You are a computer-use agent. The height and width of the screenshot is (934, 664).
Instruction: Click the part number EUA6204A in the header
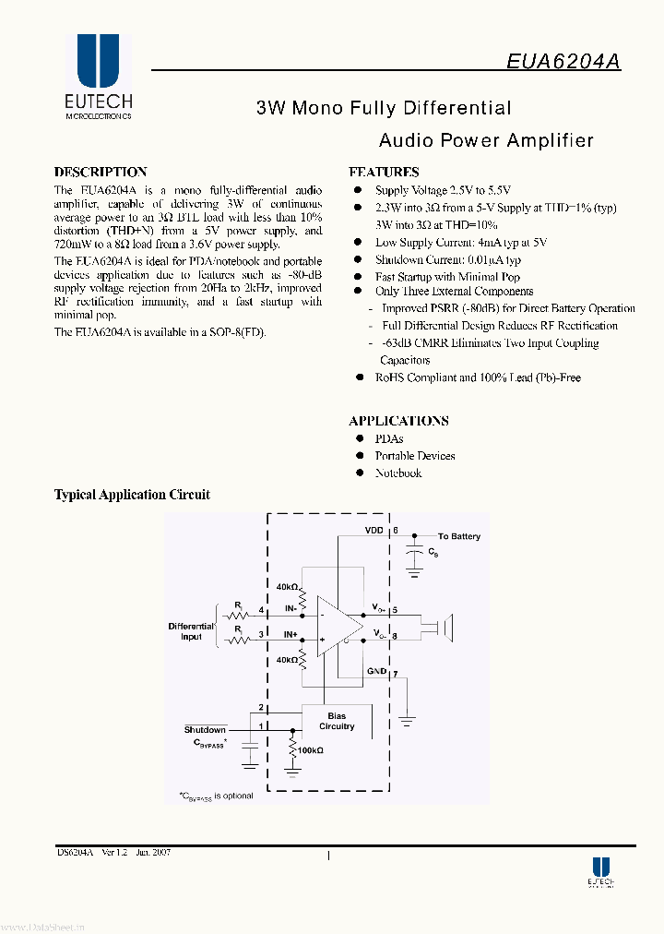[x=563, y=60]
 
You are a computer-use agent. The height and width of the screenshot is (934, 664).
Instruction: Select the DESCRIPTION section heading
[x=101, y=172]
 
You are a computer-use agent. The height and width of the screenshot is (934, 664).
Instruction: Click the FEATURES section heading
[x=384, y=172]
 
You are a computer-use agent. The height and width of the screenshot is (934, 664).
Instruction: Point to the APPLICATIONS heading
[x=398, y=421]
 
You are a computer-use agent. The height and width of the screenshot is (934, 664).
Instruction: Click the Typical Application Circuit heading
[x=132, y=495]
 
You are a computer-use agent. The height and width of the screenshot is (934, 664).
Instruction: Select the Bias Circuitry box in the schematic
[x=336, y=721]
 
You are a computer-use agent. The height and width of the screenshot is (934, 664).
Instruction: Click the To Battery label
[x=458, y=536]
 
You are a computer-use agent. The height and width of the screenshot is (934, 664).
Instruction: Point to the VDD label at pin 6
[x=373, y=531]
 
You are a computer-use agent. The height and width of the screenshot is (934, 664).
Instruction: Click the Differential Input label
[x=191, y=631]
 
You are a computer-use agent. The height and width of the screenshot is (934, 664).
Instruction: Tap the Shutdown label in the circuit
[x=205, y=730]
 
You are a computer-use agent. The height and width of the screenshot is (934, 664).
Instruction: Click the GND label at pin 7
[x=377, y=671]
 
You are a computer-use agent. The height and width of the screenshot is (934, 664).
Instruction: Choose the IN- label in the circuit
[x=290, y=608]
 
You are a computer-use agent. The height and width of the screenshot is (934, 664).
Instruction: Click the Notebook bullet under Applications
[x=398, y=473]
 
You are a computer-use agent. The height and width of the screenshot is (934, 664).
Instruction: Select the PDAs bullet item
[x=389, y=438]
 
